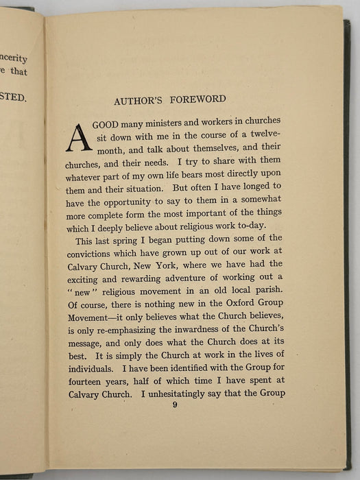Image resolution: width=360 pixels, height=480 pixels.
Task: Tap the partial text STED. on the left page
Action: coord(14,98)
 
